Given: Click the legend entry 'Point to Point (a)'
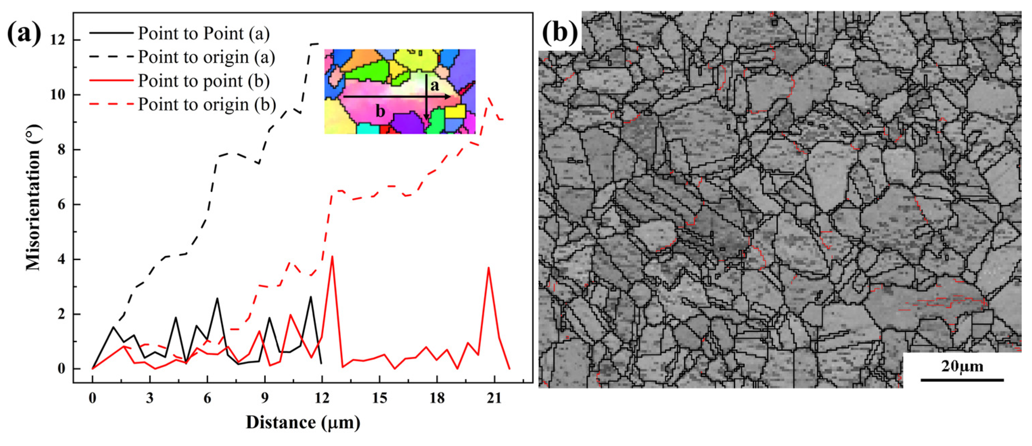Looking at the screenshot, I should coord(203,34).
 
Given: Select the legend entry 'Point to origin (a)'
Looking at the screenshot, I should coord(206,57).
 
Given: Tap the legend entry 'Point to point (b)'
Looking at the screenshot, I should coord(203,81).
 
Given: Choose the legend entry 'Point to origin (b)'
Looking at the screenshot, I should coord(207,104).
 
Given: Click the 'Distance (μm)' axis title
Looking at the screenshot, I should coord(303,423).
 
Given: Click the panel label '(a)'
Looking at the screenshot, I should coord(24,34).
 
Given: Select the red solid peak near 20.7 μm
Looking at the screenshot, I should coord(488,268).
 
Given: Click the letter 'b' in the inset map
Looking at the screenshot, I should coord(380,111).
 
